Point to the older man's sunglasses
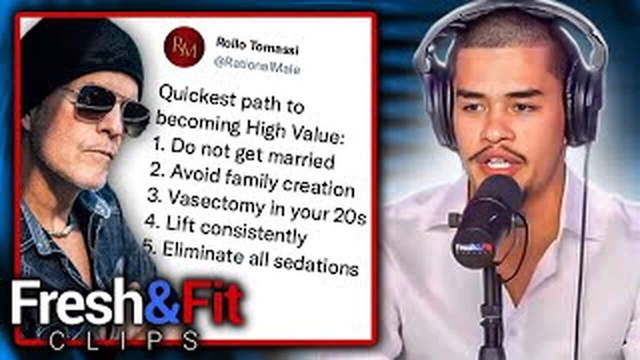[x=107, y=102]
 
